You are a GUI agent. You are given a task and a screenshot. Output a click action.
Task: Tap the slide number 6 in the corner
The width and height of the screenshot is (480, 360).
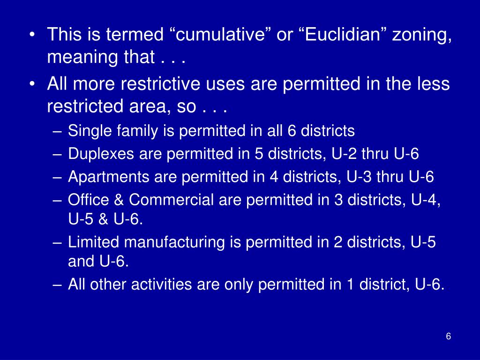click(x=449, y=337)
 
